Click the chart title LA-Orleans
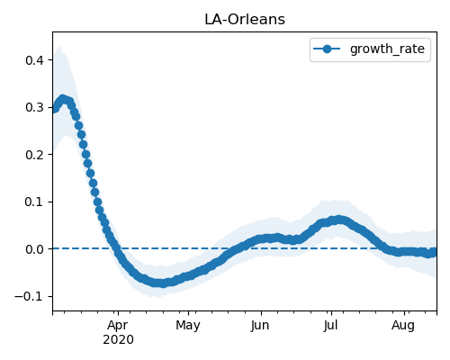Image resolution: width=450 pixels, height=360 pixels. [245, 20]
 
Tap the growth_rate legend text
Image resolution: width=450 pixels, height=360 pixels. [387, 49]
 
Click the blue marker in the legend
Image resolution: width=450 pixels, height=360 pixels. [327, 49]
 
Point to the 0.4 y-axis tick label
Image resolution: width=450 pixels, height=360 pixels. [34, 60]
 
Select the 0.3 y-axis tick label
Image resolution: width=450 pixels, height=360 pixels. [34, 107]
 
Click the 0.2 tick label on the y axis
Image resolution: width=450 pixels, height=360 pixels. [34, 155]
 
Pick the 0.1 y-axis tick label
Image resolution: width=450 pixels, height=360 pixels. [34, 202]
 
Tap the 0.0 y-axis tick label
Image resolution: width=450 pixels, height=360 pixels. [34, 249]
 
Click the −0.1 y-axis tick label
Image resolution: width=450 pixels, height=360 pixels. [29, 296]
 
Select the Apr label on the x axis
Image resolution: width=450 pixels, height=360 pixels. [118, 326]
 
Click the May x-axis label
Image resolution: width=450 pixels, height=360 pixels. [188, 326]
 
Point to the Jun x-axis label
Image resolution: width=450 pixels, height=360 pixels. [260, 325]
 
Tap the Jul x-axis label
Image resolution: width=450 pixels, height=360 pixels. [330, 325]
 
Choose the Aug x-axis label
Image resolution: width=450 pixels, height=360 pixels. [403, 326]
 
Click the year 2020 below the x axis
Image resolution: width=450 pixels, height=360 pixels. [118, 340]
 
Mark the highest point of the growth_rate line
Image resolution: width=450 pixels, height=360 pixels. [62, 99]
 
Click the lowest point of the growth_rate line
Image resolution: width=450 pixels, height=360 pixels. [162, 283]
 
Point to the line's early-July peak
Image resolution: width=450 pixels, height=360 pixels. [338, 220]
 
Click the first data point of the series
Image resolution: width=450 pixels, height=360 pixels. [54, 109]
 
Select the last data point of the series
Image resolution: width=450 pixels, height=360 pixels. [434, 253]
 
